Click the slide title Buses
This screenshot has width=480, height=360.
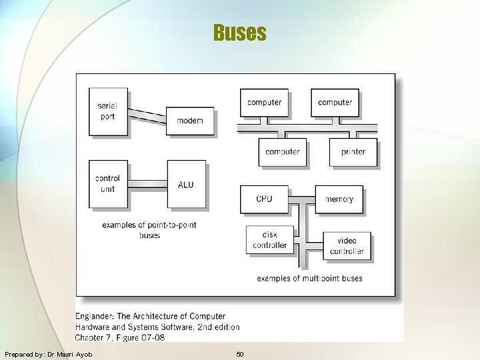(x=240, y=33)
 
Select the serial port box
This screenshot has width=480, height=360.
(x=108, y=112)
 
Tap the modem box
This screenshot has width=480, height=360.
(x=190, y=121)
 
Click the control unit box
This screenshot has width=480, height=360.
(x=108, y=183)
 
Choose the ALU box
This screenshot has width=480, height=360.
(x=186, y=184)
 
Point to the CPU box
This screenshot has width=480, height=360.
(x=264, y=199)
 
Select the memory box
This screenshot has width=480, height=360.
(x=339, y=199)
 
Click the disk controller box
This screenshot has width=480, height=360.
(x=269, y=240)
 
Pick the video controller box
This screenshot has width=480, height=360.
(x=347, y=246)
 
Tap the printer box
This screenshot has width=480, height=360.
(x=353, y=152)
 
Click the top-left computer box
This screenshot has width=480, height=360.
(x=264, y=103)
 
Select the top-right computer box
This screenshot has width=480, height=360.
(x=335, y=103)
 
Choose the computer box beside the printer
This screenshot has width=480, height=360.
(x=283, y=152)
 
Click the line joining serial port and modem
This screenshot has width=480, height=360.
(x=147, y=115)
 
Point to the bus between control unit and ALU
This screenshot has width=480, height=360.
(x=147, y=183)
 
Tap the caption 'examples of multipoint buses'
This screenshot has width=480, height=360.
(x=309, y=278)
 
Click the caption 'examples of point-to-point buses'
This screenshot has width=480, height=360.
(x=149, y=230)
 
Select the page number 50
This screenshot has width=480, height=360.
(x=240, y=354)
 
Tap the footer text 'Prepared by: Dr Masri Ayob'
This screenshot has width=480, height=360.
(x=48, y=354)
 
